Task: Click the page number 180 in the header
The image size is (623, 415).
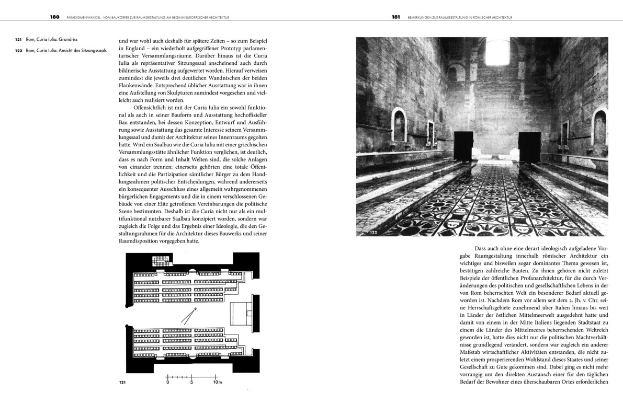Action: pos(55,17)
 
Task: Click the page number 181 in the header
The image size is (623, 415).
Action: pos(396,17)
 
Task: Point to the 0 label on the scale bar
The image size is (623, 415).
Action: pos(168,382)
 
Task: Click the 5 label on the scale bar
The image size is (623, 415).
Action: pos(192,382)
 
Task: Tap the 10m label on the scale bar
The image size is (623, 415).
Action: pos(217,382)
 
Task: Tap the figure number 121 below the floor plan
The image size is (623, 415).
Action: pos(122,384)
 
